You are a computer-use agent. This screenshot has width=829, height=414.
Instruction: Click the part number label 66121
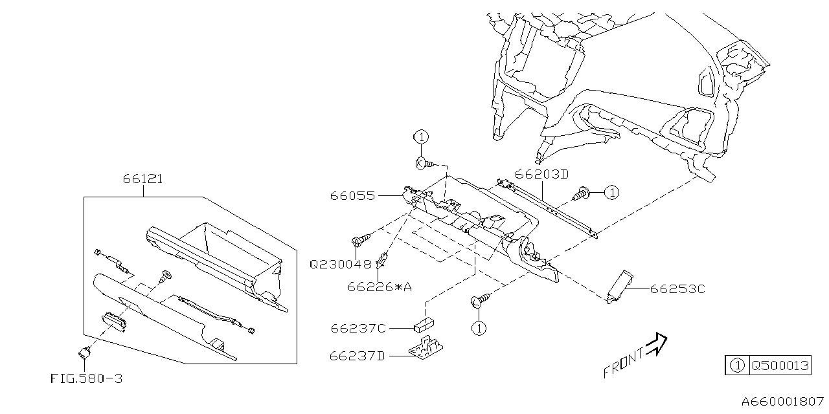142,179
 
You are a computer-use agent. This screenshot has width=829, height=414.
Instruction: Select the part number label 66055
352,195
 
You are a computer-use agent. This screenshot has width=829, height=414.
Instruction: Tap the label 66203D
542,174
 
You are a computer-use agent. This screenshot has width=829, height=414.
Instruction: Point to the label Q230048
341,264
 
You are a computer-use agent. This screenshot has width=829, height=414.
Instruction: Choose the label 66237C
358,329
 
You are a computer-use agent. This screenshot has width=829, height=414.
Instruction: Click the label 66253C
677,289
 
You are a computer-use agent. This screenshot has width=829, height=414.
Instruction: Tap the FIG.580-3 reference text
86,378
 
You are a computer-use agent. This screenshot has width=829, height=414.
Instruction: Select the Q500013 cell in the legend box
780,365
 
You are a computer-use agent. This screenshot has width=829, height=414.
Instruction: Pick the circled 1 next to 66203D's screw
612,192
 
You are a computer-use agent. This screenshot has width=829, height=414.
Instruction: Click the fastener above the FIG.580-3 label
84,353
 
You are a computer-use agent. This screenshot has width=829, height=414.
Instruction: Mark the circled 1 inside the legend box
736,365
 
